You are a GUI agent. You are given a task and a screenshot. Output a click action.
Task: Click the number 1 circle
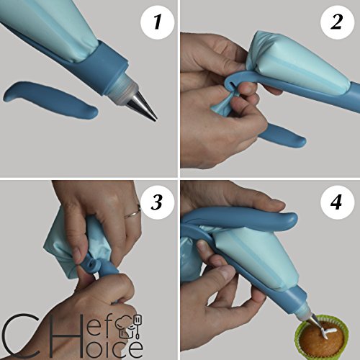(x=157, y=22)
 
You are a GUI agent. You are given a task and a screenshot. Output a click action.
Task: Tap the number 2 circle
(x=337, y=22)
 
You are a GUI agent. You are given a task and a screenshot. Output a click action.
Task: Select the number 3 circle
(x=157, y=202)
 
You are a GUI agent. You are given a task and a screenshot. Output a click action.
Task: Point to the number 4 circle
(x=337, y=202)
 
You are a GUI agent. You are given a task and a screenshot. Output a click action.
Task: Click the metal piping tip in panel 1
(x=143, y=107)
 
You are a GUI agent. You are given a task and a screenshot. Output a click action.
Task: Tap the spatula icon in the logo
(x=139, y=326)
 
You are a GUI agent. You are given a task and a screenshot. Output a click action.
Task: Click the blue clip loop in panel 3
(x=92, y=264)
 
